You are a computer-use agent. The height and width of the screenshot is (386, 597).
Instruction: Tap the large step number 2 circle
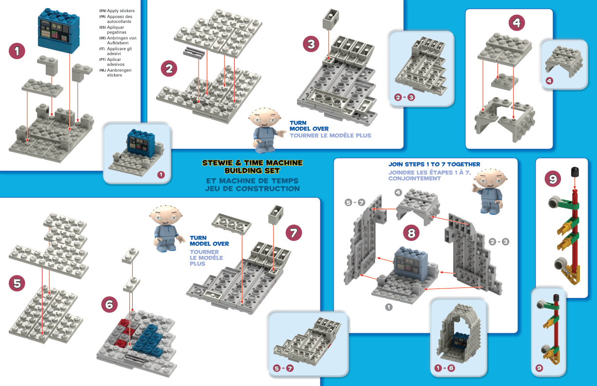coord(169,69)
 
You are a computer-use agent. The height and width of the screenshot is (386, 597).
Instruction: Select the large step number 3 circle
coord(311,44)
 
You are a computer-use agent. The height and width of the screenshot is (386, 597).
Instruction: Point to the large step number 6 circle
coord(109,305)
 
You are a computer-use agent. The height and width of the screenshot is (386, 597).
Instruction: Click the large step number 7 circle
coord(293,233)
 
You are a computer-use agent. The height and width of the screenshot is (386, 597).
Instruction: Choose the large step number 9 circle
coord(553,179)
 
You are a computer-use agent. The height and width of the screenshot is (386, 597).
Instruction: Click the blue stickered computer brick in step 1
coord(58,32)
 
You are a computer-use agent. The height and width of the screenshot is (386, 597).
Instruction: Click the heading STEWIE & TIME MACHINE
coord(252,163)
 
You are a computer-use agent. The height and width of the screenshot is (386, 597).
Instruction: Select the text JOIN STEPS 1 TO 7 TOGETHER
coord(434,164)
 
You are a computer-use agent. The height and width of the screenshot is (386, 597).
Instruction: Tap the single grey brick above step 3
coord(330,20)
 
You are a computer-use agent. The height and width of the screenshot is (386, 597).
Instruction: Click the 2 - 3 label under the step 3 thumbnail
coord(404,97)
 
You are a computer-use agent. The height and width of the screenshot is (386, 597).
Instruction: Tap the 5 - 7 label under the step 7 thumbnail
coord(284,368)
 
